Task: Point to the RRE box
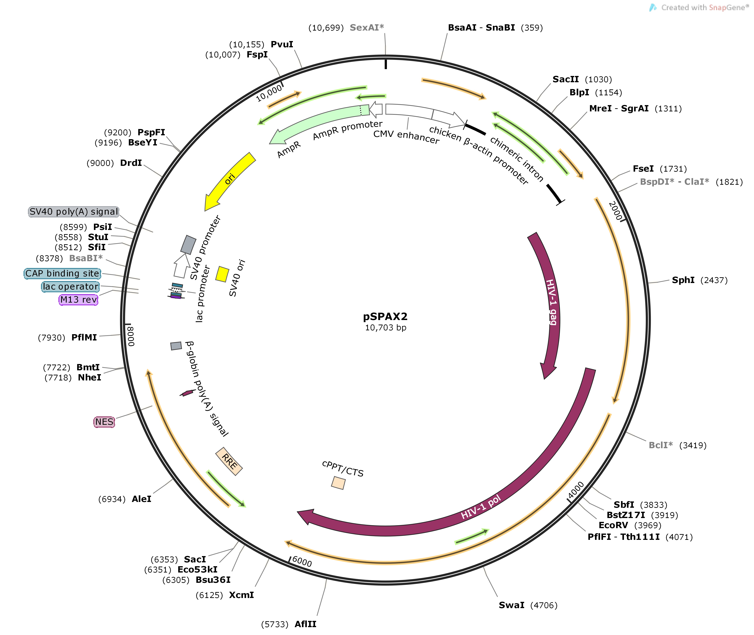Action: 229,461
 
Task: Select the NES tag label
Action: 104,422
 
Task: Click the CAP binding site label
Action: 62,274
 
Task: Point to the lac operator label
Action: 71,287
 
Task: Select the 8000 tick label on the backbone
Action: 131,336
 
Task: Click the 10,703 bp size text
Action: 385,328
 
